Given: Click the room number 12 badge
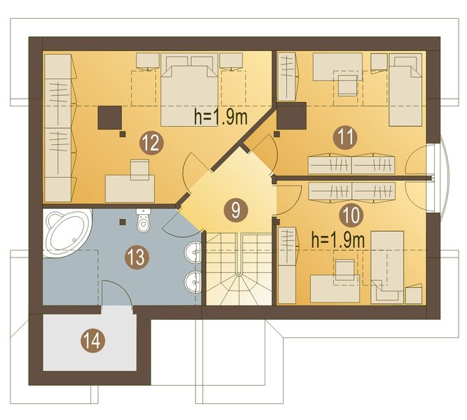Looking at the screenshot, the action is pyautogui.click(x=152, y=144).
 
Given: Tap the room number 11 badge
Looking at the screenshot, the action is pyautogui.click(x=345, y=137).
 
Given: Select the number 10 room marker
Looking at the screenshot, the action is pyautogui.click(x=351, y=215).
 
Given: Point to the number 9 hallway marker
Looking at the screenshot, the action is pyautogui.click(x=235, y=210).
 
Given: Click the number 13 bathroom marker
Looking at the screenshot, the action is pyautogui.click(x=137, y=257).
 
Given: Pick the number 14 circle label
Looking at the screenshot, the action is pyautogui.click(x=93, y=341).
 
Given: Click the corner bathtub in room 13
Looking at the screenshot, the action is pyautogui.click(x=67, y=232).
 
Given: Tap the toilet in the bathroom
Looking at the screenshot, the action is pyautogui.click(x=144, y=220).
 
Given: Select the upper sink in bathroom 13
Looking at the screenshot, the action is pyautogui.click(x=193, y=253).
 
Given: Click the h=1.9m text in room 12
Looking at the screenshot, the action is pyautogui.click(x=221, y=117).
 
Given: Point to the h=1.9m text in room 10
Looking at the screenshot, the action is pyautogui.click(x=338, y=240).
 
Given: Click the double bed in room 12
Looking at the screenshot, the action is pyautogui.click(x=189, y=90).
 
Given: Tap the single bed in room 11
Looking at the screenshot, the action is pyautogui.click(x=405, y=90).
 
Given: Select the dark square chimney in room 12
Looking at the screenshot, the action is pyautogui.click(x=110, y=118).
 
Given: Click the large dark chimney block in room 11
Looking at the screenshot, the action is pyautogui.click(x=291, y=115).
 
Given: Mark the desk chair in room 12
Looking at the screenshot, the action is pyautogui.click(x=140, y=169).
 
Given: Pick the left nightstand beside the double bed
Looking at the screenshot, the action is pyautogui.click(x=148, y=62).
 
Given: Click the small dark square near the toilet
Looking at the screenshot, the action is pyautogui.click(x=122, y=222).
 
